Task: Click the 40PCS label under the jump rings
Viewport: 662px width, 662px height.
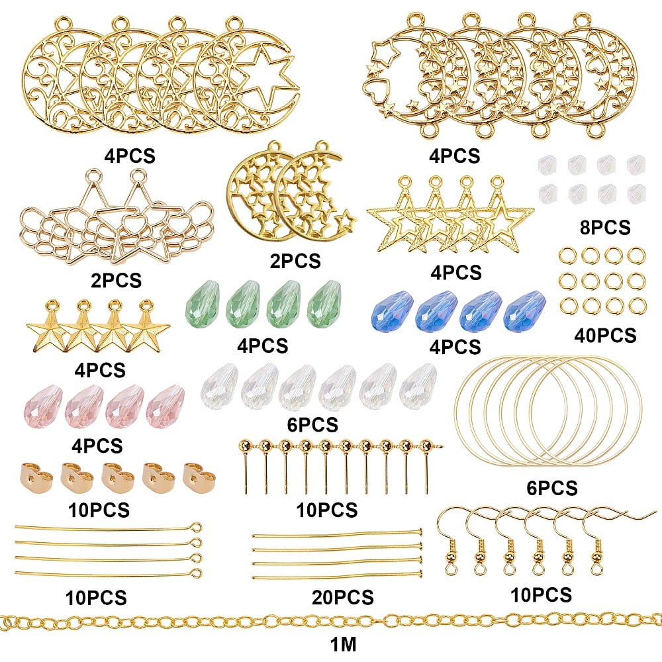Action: (605, 335)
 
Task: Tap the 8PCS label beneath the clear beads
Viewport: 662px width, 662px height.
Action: (605, 227)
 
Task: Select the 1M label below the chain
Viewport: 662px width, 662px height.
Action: (343, 644)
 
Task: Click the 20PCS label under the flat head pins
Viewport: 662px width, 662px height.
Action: (343, 597)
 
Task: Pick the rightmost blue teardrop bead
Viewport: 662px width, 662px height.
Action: (524, 310)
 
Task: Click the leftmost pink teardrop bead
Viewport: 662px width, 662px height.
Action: (44, 406)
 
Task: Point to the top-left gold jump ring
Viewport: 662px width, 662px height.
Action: (568, 255)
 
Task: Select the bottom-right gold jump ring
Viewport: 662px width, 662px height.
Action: (637, 306)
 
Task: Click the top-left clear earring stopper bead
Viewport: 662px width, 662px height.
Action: (548, 165)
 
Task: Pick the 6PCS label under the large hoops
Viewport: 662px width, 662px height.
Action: (552, 488)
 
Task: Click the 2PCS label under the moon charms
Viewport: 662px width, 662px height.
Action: (295, 261)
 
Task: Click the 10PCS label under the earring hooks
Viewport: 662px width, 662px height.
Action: (542, 595)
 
